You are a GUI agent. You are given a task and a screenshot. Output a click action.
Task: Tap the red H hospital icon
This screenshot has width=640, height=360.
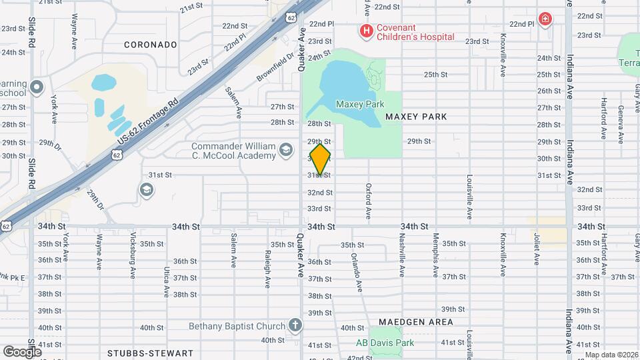coord(365,30)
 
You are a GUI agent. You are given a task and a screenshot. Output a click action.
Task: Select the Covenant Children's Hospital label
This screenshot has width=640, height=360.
coord(415,31)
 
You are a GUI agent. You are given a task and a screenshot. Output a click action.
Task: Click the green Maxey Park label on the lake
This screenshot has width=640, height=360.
coord(360,105)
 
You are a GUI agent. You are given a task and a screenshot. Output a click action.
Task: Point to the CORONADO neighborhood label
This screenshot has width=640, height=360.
coord(151,45)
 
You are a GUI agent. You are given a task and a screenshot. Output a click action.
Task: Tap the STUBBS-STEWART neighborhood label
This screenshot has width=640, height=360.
coord(151,353)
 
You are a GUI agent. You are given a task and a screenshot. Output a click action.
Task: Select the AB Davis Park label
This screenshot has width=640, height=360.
coord(385,343)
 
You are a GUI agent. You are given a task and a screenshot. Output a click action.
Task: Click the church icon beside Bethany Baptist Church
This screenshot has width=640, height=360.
coord(296,326)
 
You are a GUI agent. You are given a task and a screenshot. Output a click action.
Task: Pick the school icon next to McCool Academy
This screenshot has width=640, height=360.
coord(286,150)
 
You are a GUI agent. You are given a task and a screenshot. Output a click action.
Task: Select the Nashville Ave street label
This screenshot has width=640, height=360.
coord(402,254)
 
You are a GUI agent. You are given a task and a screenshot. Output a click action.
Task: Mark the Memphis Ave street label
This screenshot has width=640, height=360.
coord(436,254)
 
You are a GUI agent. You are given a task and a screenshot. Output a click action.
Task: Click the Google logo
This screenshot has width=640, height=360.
coord(22,351)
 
